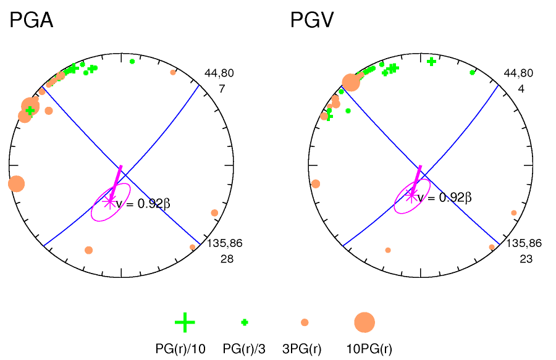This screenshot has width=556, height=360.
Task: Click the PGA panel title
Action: [31, 20]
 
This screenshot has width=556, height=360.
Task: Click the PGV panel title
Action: [313, 20]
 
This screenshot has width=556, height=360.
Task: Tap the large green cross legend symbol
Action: [185, 322]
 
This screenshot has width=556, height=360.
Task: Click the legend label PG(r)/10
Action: [180, 349]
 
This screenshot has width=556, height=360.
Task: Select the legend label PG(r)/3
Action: [244, 349]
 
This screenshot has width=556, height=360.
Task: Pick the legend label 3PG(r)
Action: [301, 349]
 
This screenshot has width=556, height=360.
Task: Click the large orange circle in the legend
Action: [364, 322]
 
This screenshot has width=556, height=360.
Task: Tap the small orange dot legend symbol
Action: [305, 322]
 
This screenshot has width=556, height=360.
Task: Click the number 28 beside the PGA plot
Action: [227, 259]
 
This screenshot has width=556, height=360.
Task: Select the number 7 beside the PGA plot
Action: [222, 89]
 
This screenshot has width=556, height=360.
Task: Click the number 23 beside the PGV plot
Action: [526, 259]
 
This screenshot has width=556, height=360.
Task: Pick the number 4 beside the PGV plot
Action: [521, 89]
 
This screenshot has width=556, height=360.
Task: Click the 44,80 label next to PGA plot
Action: [219, 73]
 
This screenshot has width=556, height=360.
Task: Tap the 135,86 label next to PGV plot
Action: [524, 243]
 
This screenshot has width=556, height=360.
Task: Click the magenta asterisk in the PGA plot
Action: [109, 201]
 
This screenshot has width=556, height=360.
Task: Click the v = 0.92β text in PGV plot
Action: [444, 198]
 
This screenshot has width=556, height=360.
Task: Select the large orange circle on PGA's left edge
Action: [16, 183]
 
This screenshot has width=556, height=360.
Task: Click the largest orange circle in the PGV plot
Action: [350, 82]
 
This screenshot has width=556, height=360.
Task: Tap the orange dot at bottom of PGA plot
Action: [88, 250]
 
